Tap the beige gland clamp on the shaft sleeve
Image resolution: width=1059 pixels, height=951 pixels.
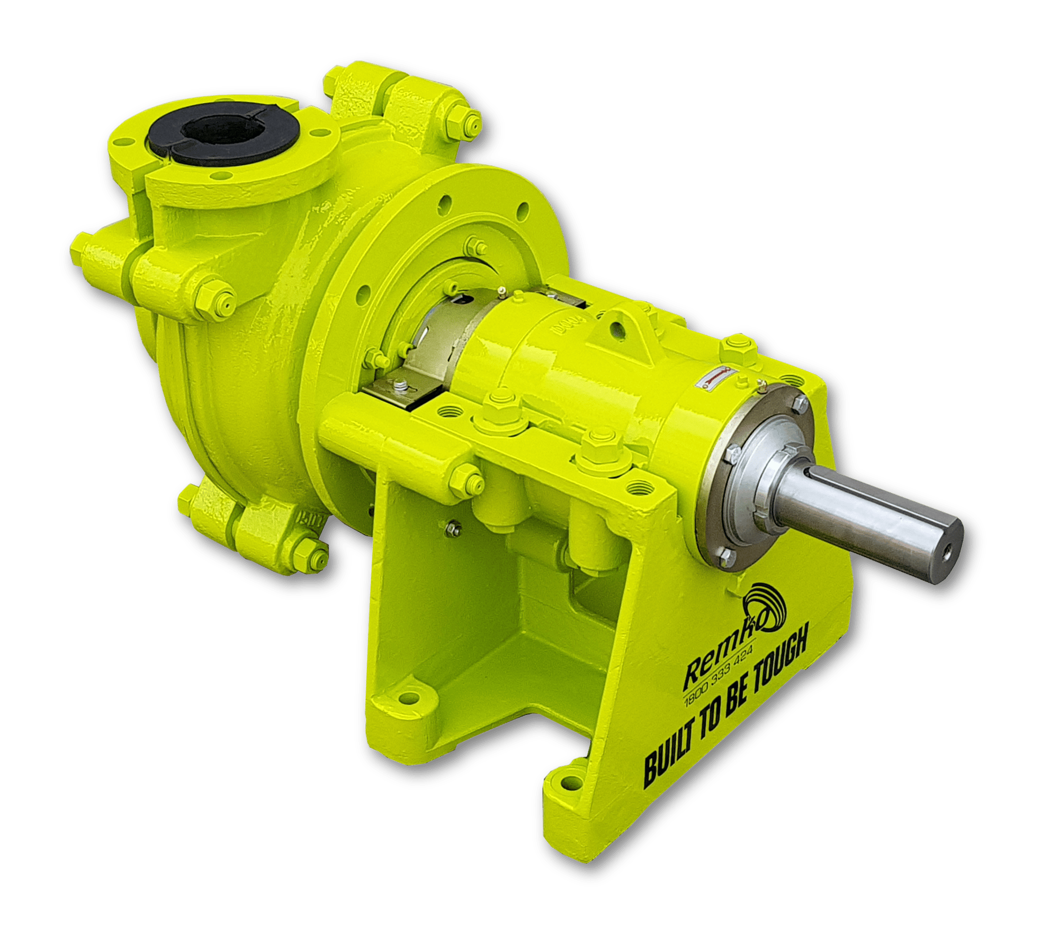click(x=434, y=349)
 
